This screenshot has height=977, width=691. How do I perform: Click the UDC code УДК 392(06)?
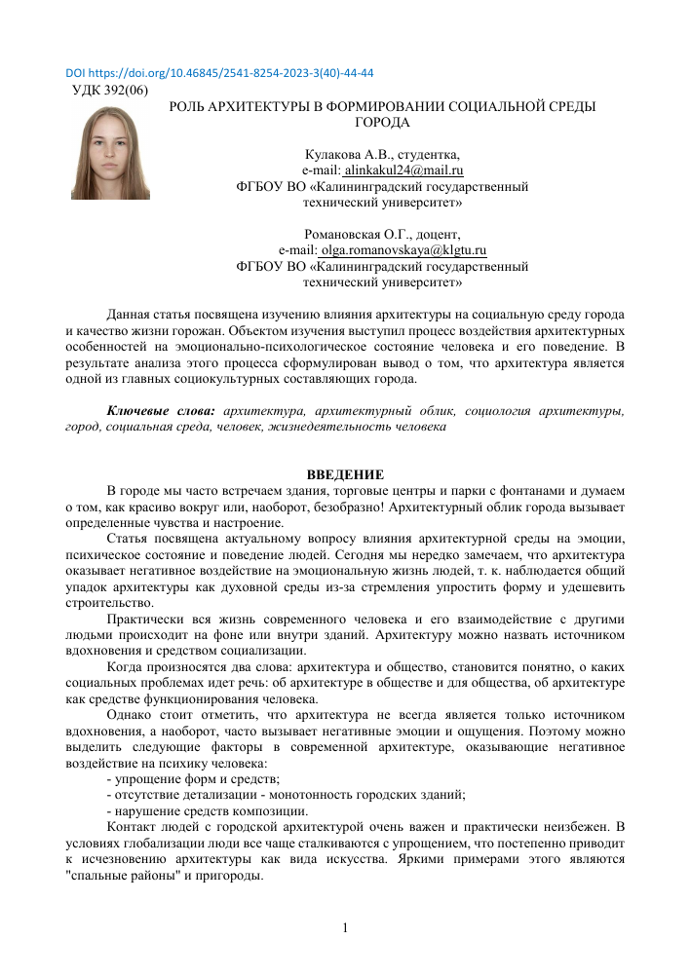[111, 91]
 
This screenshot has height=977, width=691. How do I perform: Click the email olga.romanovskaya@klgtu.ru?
[403, 250]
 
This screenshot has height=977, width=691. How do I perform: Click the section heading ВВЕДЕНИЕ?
[345, 474]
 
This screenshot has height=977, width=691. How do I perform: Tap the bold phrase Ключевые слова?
[161, 412]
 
